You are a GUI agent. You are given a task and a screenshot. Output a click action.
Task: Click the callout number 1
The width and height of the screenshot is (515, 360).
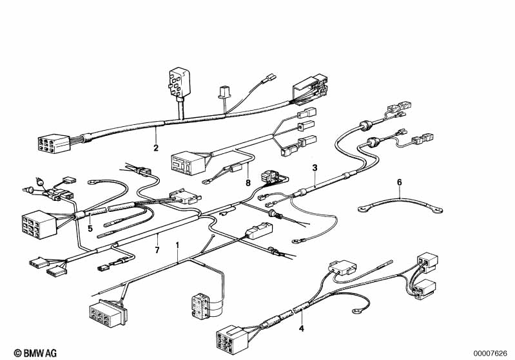click(177, 245)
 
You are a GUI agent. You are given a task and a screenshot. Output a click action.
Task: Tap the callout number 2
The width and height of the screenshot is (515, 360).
click(156, 148)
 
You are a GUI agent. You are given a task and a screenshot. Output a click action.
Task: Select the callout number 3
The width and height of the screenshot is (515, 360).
click(315, 168)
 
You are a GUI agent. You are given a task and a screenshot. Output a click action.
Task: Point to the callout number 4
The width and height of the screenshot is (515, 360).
click(301, 328)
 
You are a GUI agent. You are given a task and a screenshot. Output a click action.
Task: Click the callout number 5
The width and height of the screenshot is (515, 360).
click(90, 229)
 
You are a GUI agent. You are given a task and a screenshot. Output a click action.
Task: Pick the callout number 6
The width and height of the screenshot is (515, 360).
click(400, 182)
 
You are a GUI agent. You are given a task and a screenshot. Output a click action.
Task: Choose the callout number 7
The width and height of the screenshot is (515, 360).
click(157, 251)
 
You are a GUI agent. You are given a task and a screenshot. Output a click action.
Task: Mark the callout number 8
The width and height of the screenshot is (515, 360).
click(248, 182)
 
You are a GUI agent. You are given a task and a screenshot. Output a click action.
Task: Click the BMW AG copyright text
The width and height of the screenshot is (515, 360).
click(35, 353)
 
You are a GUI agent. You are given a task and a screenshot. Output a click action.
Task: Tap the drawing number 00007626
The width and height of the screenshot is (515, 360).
click(491, 354)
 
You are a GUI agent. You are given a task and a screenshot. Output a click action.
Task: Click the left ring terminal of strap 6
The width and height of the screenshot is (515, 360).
click(363, 208)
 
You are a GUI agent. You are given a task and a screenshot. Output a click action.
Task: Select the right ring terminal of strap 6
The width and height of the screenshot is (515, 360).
click(438, 209)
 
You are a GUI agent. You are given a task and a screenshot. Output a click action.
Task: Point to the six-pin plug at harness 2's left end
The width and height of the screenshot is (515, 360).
click(53, 144)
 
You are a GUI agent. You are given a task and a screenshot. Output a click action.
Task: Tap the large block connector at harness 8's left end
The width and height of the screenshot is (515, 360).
click(188, 163)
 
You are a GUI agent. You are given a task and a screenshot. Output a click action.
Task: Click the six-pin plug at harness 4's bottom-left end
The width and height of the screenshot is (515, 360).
click(231, 339)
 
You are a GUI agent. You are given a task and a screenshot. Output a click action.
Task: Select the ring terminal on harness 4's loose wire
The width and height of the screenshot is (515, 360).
click(356, 311)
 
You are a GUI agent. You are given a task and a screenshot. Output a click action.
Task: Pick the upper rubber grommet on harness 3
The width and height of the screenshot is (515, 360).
click(365, 125)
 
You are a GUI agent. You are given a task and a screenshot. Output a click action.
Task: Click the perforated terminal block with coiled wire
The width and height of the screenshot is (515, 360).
click(199, 306)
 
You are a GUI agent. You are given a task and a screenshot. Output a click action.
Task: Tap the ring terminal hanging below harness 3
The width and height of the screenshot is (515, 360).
click(296, 242)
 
